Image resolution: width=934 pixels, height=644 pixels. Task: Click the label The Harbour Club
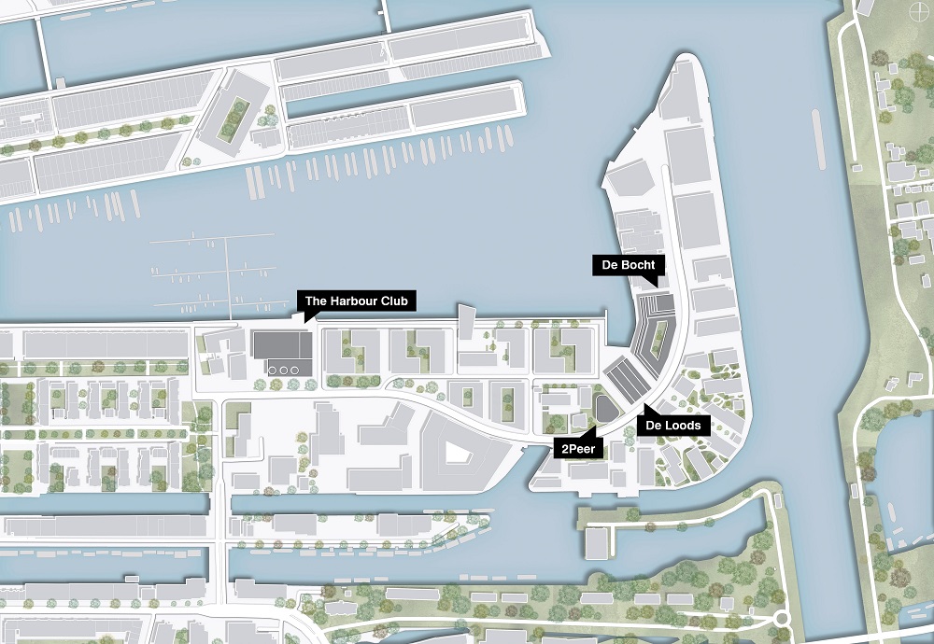[356, 301]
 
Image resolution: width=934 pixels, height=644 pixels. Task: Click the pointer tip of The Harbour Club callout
[308, 321]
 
